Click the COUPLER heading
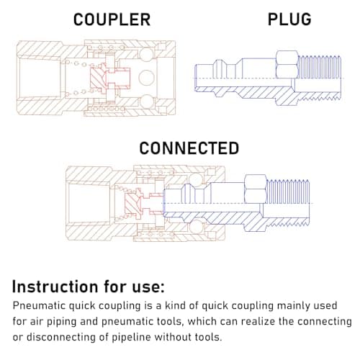click(112, 19)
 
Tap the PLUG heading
click(289, 19)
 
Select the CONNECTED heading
click(189, 148)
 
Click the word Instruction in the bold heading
click(55, 287)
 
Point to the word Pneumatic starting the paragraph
click(39, 306)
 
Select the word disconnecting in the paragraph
click(61, 337)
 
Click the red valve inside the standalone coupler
click(110, 78)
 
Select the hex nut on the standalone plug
click(287, 64)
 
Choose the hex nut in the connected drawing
click(256, 189)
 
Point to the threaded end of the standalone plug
click(319, 78)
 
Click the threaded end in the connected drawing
click(288, 203)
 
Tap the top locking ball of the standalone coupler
click(146, 54)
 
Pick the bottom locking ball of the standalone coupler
click(146, 102)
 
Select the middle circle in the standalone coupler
click(146, 78)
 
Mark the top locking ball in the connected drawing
click(196, 179)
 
